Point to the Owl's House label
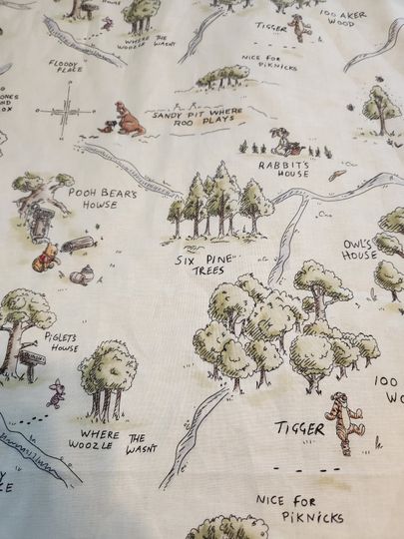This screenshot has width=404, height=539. [x=359, y=249]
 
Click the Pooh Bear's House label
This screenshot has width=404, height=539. [x=103, y=198]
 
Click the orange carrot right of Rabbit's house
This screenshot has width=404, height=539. [x=341, y=174]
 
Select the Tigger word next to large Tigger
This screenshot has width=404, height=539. [x=299, y=429]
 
